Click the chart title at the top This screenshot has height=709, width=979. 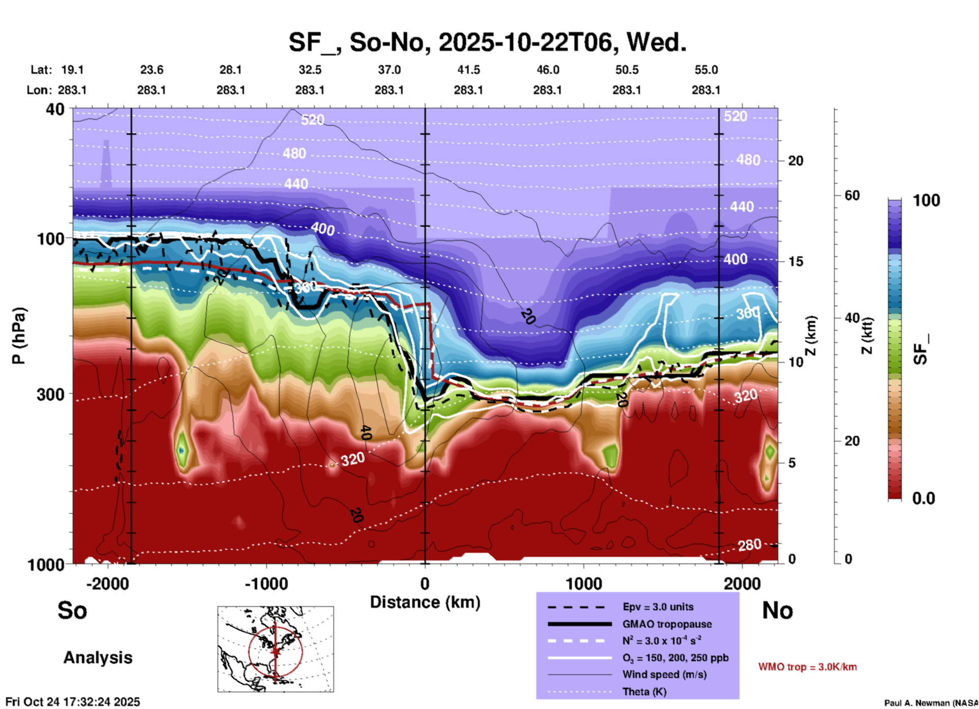pyautogui.click(x=487, y=42)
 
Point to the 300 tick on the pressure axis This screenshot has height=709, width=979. pyautogui.click(x=51, y=394)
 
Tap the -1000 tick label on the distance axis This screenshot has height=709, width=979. pyautogui.click(x=266, y=583)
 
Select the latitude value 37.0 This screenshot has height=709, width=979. pyautogui.click(x=389, y=70)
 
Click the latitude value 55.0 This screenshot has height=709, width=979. pyautogui.click(x=706, y=70)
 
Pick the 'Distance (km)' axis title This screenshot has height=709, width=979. pyautogui.click(x=425, y=602)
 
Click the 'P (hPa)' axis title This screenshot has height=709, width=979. pyautogui.click(x=19, y=336)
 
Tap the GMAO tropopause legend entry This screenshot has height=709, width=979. pyautogui.click(x=667, y=624)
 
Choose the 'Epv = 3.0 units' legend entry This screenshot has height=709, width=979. pyautogui.click(x=658, y=607)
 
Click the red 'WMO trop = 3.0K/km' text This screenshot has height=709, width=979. pyautogui.click(x=807, y=667)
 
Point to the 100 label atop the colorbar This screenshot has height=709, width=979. pyautogui.click(x=926, y=200)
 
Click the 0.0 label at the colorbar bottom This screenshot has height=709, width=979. pyautogui.click(x=924, y=498)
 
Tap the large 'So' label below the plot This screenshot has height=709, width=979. pyautogui.click(x=72, y=610)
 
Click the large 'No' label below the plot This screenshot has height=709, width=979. pyautogui.click(x=777, y=610)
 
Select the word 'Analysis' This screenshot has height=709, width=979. pyautogui.click(x=98, y=658)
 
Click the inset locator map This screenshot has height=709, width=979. pyautogui.click(x=276, y=649)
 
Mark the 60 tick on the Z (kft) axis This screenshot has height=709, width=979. pyautogui.click(x=852, y=195)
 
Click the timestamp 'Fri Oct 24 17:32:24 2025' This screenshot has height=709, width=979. pyautogui.click(x=73, y=702)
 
